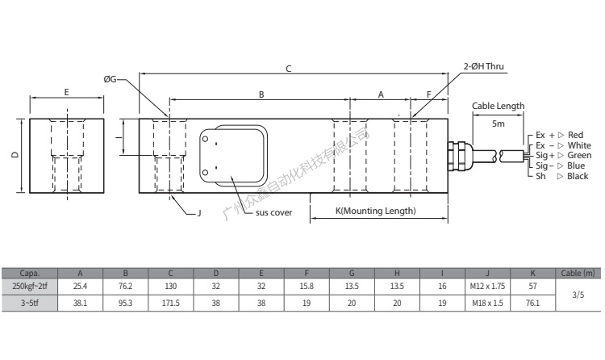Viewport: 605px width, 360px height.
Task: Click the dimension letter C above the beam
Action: tap(289, 69)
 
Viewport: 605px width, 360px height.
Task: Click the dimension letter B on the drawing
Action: tap(261, 94)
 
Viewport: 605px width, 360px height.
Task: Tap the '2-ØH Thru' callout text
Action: tap(485, 69)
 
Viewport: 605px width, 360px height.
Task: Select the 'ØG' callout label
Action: tap(110, 79)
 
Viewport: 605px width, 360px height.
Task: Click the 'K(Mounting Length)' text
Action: tap(375, 211)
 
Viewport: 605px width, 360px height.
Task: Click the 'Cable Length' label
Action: tap(498, 106)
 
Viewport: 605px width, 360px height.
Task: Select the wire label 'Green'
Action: tap(579, 155)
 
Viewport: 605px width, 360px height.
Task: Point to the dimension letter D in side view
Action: tap(17, 156)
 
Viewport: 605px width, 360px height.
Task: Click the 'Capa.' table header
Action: tap(31, 274)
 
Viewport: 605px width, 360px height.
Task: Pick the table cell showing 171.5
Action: tap(170, 302)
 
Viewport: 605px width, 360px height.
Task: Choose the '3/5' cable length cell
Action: tap(578, 294)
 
